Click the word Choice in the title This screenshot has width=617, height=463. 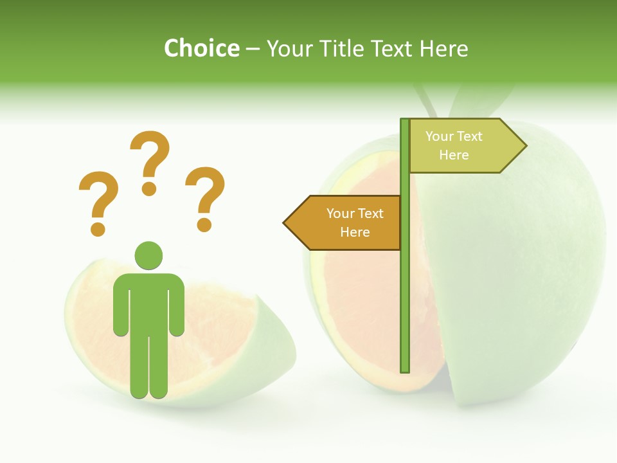(x=201, y=48)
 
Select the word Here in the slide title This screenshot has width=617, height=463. (x=443, y=48)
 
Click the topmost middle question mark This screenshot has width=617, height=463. (x=150, y=163)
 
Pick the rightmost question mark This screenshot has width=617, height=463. (x=205, y=199)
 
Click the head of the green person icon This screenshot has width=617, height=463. (x=148, y=255)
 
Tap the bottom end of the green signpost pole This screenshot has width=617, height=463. (x=404, y=369)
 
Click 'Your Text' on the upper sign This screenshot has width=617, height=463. (x=454, y=136)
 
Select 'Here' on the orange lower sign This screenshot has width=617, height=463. (x=355, y=232)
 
